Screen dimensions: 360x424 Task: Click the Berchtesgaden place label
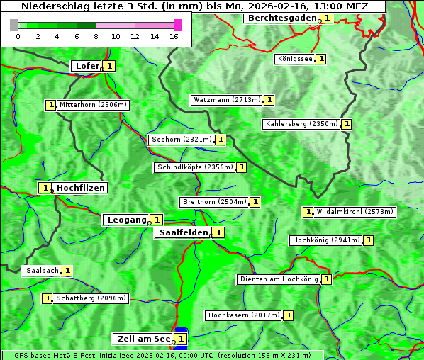[281, 18]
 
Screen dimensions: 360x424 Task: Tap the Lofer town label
[87, 66]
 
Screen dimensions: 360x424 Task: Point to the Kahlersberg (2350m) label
[301, 124]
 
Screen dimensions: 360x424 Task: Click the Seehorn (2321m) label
[182, 140]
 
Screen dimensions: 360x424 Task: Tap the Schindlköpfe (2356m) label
[194, 167]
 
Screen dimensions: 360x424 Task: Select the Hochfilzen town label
[81, 188]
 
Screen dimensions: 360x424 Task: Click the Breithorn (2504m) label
[214, 202]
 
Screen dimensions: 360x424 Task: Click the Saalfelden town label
[183, 232]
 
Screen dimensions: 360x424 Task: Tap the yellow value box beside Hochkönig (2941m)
[369, 240]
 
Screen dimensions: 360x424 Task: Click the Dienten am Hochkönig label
[278, 279]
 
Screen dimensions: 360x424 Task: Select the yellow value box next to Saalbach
[67, 271]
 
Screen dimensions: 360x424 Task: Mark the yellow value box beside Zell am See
[182, 339]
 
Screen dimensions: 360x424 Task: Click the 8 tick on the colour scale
[96, 35]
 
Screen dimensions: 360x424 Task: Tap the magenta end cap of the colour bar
[177, 26]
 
